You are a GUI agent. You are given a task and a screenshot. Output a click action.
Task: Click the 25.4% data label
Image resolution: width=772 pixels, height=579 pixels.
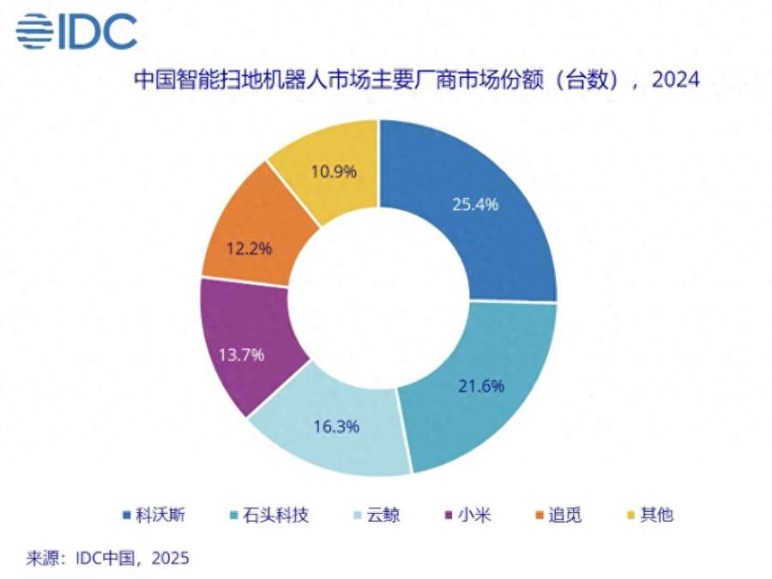click(x=474, y=204)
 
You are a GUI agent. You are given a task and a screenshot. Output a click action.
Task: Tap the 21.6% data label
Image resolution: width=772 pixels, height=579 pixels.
click(x=479, y=385)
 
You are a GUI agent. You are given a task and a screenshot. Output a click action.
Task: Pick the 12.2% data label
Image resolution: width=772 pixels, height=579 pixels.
click(x=250, y=249)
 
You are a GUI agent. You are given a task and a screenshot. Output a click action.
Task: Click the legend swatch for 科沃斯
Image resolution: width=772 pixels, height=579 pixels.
click(x=127, y=516)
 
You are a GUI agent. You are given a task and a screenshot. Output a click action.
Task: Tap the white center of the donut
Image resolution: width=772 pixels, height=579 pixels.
click(x=377, y=296)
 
